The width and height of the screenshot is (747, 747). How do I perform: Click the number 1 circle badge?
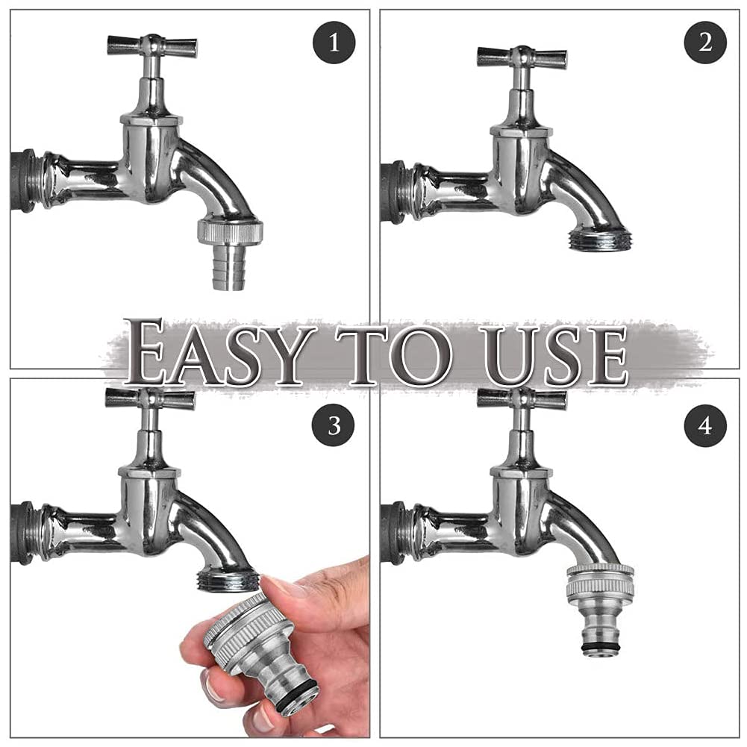click(334, 43)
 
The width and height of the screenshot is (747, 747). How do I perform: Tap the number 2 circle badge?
click(705, 43)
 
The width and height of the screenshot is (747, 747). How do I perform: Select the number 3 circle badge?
click(334, 425)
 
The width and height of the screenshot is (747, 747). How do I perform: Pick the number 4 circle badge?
click(705, 425)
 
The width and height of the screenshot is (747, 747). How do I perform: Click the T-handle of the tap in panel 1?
click(152, 46)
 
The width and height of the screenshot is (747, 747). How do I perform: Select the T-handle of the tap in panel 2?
click(522, 57)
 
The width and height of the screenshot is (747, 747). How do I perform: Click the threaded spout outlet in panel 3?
click(228, 581)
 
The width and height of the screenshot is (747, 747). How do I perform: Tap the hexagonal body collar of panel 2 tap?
click(522, 132)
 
